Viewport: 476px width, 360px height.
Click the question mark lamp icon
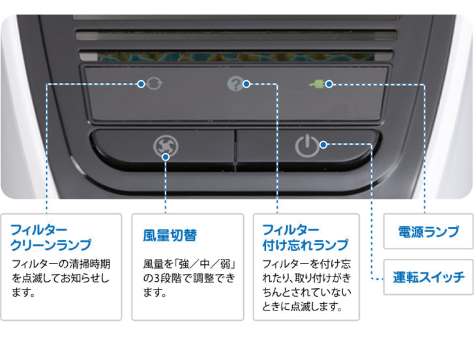235,84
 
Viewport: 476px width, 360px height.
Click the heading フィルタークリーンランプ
50,238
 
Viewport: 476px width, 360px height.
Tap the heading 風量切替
170,235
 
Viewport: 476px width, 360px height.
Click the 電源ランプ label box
428,232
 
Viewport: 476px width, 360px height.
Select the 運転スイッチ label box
428,277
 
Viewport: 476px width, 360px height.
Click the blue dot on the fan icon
166,157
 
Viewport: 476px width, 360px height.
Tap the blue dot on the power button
323,144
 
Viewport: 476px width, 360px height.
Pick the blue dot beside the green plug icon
329,84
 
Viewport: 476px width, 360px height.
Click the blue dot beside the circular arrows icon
141,84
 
